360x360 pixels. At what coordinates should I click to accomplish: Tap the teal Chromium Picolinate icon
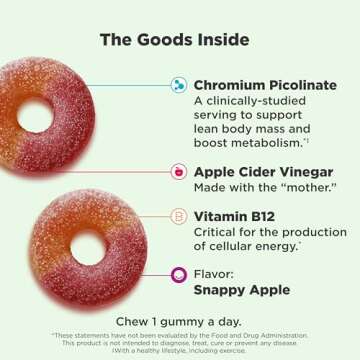tap(179, 85)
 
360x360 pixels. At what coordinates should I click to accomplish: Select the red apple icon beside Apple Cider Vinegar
tap(179, 171)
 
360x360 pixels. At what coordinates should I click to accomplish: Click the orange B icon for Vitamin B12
tap(179, 216)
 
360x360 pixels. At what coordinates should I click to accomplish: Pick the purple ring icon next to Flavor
tap(179, 274)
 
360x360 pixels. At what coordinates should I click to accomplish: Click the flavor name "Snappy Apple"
tap(241, 290)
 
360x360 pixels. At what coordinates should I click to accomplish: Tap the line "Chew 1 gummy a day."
tap(180, 321)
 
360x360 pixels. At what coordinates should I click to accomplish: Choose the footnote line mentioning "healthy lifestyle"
tap(180, 350)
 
